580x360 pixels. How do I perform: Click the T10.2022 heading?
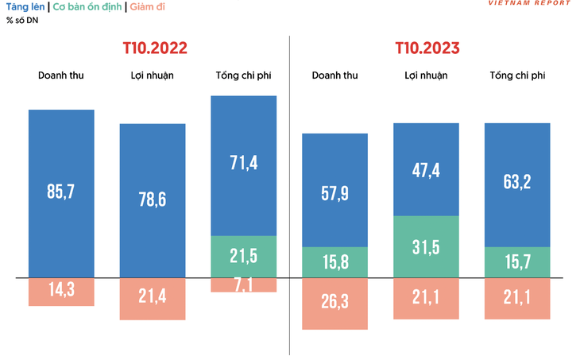[155, 48]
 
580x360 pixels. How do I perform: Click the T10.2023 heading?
[427, 48]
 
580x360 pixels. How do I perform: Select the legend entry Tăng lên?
[25, 6]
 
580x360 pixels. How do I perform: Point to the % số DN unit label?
[22, 20]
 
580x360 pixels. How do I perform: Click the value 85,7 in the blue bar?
[61, 192]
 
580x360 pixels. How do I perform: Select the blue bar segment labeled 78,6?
[153, 200]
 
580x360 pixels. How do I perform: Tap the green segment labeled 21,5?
[244, 256]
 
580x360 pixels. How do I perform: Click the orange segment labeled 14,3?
[61, 291]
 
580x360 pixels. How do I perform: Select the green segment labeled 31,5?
[426, 246]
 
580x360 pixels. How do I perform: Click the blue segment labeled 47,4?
[426, 169]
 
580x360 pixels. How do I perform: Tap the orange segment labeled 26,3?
[334, 303]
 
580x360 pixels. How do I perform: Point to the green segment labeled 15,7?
[517, 261]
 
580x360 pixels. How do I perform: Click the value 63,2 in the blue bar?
[517, 185]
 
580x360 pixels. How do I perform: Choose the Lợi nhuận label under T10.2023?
[426, 76]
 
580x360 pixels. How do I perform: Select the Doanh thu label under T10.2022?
[61, 76]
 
